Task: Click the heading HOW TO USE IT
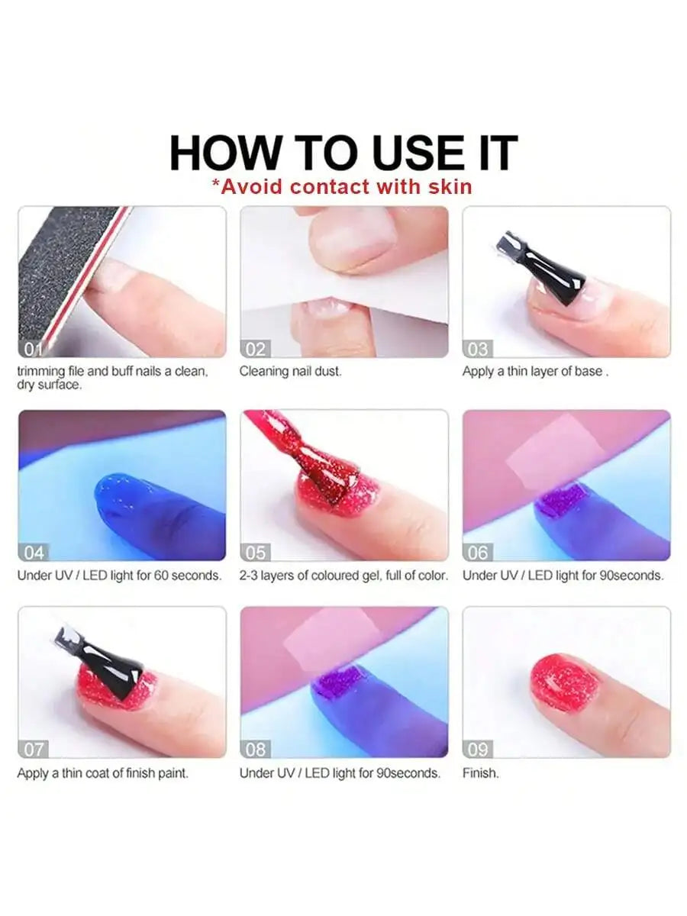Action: (343, 152)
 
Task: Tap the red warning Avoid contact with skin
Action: (341, 186)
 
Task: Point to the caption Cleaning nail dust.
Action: (291, 372)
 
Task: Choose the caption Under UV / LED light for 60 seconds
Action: (119, 576)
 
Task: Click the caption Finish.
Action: (481, 773)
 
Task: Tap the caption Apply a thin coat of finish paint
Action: (102, 773)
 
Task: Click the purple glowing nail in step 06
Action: (563, 500)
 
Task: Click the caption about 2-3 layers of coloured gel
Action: (343, 576)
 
